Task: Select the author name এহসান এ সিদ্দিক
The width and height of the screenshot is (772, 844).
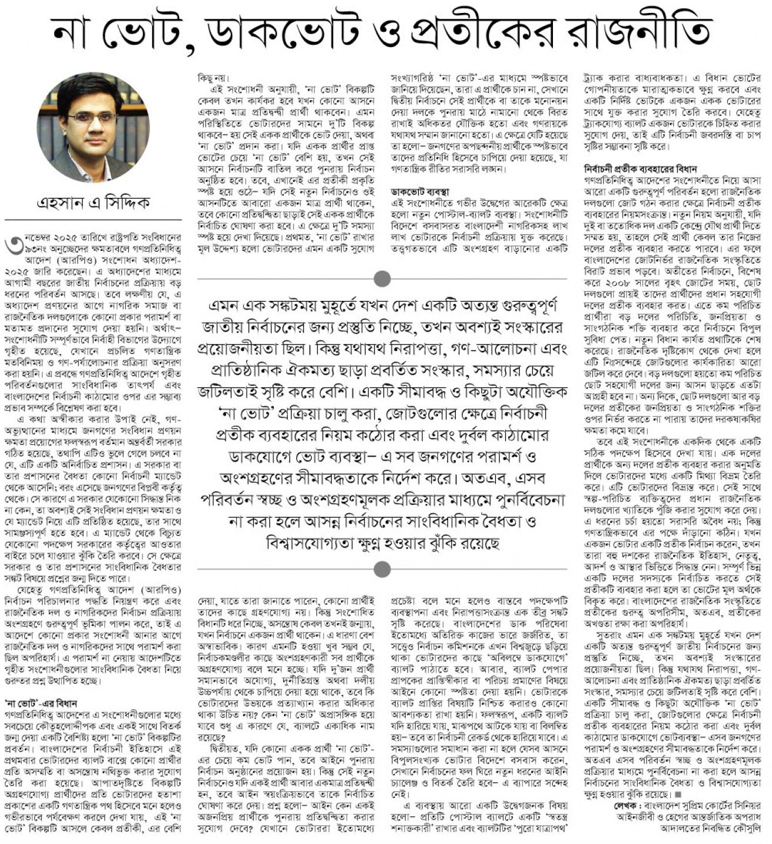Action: pyautogui.click(x=93, y=203)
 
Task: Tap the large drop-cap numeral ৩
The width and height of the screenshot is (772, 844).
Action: pyautogui.click(x=13, y=244)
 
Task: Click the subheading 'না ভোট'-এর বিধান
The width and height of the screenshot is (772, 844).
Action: pyautogui.click(x=41, y=703)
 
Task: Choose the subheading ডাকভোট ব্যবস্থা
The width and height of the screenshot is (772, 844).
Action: pyautogui.click(x=420, y=192)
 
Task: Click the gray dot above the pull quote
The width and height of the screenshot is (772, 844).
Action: pyautogui.click(x=382, y=277)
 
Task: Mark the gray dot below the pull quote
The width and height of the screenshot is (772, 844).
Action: pyautogui.click(x=382, y=569)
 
